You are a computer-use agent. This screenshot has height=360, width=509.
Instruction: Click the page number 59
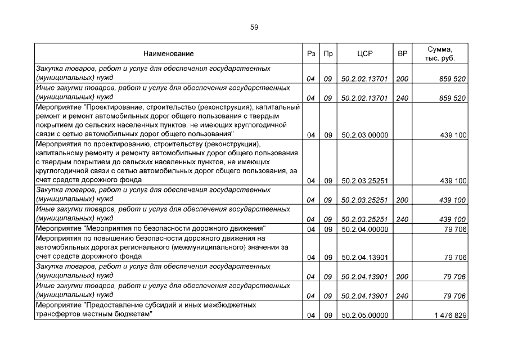coord(254,26)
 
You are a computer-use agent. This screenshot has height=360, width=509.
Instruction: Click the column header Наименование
coord(168,54)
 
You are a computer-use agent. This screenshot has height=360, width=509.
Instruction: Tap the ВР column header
coord(402,54)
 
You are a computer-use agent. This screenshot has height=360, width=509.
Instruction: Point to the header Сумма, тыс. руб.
coord(440,54)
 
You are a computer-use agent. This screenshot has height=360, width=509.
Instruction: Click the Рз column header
coord(310,54)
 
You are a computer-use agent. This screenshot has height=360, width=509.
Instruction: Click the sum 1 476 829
coord(450,316)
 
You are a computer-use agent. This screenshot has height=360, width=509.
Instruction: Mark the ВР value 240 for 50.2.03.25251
coord(402,219)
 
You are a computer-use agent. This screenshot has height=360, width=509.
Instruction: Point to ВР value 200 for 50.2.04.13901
coord(402,277)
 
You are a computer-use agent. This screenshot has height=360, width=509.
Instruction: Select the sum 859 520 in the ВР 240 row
coord(452,98)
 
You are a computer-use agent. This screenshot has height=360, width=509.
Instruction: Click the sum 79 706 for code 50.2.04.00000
coord(454,229)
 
